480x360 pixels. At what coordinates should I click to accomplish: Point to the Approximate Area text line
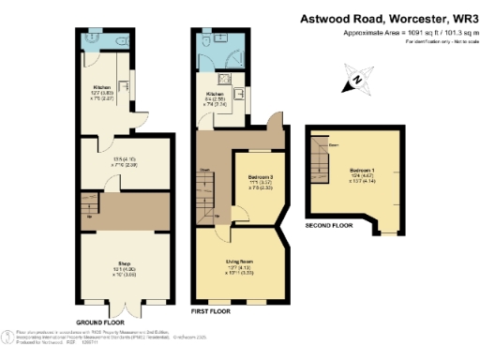(x=394, y=32)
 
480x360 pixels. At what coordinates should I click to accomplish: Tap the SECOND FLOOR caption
(x=329, y=226)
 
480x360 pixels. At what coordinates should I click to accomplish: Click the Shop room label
(x=122, y=264)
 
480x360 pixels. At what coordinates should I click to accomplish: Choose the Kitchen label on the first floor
(x=216, y=95)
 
